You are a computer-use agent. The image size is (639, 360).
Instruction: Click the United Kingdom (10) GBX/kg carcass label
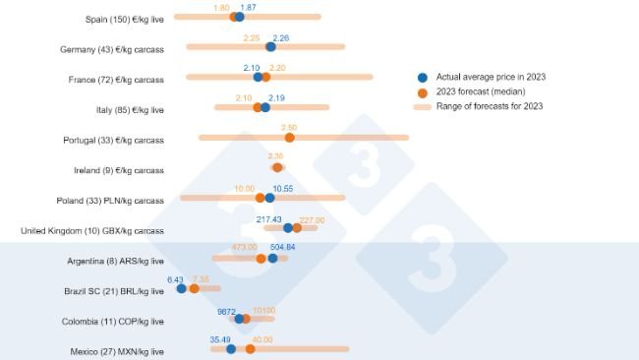click(x=92, y=231)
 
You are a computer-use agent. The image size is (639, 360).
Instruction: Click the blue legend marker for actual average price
click(x=423, y=77)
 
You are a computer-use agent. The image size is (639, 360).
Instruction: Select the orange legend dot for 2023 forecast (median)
click(x=423, y=91)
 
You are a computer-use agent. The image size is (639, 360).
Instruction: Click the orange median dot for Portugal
click(x=289, y=138)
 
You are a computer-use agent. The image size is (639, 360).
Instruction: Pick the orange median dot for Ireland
click(x=277, y=167)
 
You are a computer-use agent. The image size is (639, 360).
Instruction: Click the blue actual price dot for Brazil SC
click(x=181, y=288)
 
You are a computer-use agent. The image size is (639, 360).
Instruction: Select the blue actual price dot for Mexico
click(x=231, y=348)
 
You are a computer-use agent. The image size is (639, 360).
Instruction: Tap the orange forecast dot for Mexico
click(x=250, y=348)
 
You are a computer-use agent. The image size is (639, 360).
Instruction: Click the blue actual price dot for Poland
click(x=270, y=198)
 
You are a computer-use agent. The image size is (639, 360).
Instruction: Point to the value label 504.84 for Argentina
click(x=283, y=248)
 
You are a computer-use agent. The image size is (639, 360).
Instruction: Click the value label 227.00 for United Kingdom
click(x=311, y=220)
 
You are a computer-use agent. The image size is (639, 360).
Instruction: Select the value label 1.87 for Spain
click(x=249, y=8)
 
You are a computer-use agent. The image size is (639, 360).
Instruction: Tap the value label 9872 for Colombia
click(x=227, y=310)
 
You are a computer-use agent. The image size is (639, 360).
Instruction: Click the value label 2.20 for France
click(x=277, y=68)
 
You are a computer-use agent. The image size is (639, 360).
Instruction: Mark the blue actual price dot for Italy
click(x=264, y=107)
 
